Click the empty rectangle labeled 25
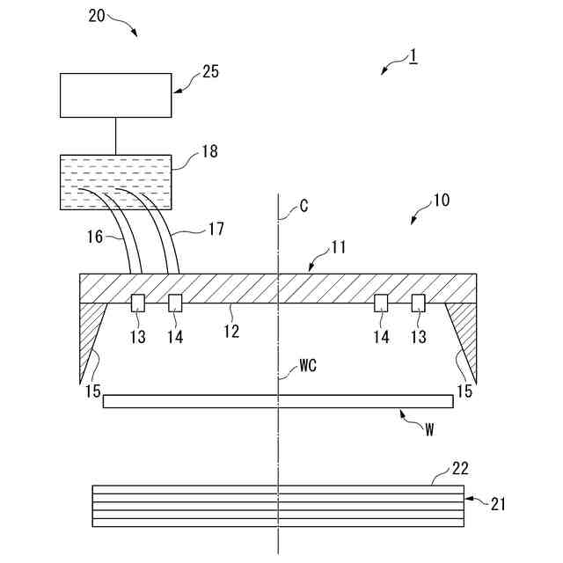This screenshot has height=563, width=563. [x=115, y=96]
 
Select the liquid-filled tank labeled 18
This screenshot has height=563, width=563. [x=115, y=182]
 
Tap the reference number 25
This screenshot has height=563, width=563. [x=210, y=72]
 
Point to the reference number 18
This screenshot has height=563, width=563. [x=208, y=152]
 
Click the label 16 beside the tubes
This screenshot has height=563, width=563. [x=95, y=236]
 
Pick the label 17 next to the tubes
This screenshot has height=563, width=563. [x=216, y=229]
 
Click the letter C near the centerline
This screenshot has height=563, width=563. [x=303, y=206]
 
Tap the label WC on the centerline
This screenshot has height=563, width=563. [x=307, y=362]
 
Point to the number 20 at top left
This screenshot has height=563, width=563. [x=99, y=15]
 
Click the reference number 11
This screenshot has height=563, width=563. [x=339, y=248]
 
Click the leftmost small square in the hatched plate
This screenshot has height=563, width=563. [x=138, y=303]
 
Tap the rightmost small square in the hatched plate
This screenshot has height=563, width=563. [x=419, y=303]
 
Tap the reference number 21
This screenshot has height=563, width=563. [x=498, y=503]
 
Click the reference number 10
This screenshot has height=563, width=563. [x=440, y=200]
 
